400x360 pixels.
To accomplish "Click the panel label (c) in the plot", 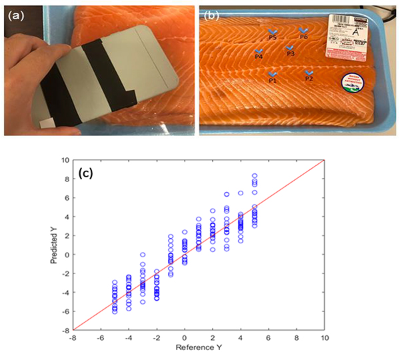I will pyautogui.click(x=85, y=174).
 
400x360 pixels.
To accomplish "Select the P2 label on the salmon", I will pyautogui.click(x=308, y=78).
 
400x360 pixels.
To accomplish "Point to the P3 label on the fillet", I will pyautogui.click(x=290, y=53).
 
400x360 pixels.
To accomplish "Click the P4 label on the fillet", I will pyautogui.click(x=258, y=57).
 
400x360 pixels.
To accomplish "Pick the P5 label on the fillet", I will pyautogui.click(x=272, y=38).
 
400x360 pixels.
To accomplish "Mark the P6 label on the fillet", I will pyautogui.click(x=303, y=37).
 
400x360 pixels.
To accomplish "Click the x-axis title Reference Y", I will pyautogui.click(x=198, y=349).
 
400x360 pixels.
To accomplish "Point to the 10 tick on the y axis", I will pyautogui.click(x=65, y=160).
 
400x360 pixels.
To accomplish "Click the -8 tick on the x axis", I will pyautogui.click(x=73, y=337).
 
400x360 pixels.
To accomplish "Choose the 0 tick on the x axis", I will pyautogui.click(x=185, y=337).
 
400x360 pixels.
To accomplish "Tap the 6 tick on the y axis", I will pyautogui.click(x=67, y=198).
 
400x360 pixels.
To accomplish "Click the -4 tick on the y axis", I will pyautogui.click(x=65, y=291).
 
